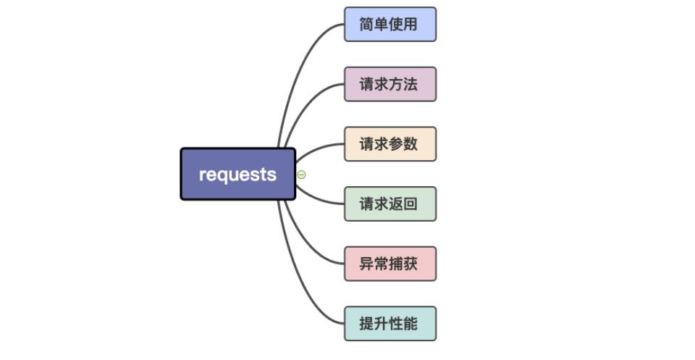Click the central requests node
(x=237, y=174)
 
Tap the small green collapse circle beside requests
(x=301, y=175)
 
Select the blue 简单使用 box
(x=389, y=25)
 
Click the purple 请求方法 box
(x=389, y=84)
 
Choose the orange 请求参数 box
(x=389, y=143)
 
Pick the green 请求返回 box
(x=389, y=204)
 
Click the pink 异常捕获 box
(x=389, y=263)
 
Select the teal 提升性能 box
(x=389, y=323)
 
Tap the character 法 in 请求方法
(x=410, y=84)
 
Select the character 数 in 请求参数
(x=410, y=143)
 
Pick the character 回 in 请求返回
(x=410, y=204)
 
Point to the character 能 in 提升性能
(x=410, y=323)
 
